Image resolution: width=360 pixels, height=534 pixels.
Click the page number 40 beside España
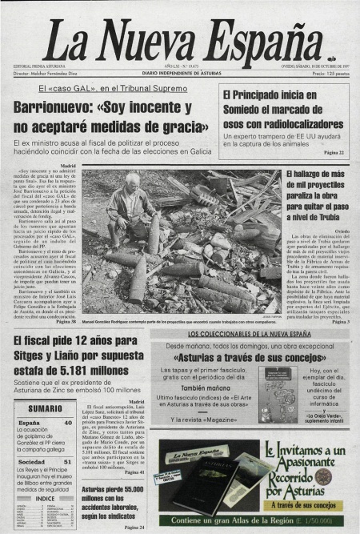67,422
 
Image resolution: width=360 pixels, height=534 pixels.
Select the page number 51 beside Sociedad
67,462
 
